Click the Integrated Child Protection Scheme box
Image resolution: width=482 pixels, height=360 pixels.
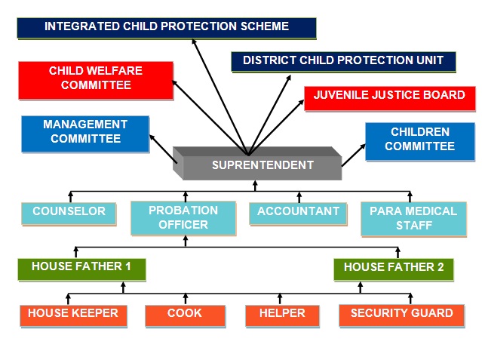point(167,29)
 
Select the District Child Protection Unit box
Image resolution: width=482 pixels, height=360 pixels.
point(343,62)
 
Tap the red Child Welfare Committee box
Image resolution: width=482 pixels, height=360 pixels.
point(96,81)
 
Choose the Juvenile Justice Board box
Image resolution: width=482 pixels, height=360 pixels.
point(390,98)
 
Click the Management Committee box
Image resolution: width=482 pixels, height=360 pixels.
point(85,134)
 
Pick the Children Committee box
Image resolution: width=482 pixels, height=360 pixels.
point(420,142)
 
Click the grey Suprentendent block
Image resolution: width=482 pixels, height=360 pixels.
point(257,163)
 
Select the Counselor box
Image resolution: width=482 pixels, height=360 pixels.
point(69,214)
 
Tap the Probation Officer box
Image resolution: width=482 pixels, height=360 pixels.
point(183,218)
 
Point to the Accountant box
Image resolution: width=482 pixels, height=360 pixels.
point(298,214)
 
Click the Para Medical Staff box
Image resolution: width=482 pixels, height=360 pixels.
point(414,219)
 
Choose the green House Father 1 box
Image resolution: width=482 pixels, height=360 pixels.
point(81,269)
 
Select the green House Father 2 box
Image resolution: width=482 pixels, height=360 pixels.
point(394,270)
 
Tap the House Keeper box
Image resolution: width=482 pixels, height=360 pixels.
point(73,316)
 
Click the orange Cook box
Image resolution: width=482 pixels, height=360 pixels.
point(185,316)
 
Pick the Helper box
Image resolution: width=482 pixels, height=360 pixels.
point(282,316)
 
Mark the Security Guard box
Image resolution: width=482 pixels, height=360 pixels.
point(402,316)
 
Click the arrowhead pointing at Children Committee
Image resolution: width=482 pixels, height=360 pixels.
point(363,146)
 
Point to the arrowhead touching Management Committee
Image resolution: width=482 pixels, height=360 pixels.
point(152,137)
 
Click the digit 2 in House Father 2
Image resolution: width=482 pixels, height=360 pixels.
point(441,267)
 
